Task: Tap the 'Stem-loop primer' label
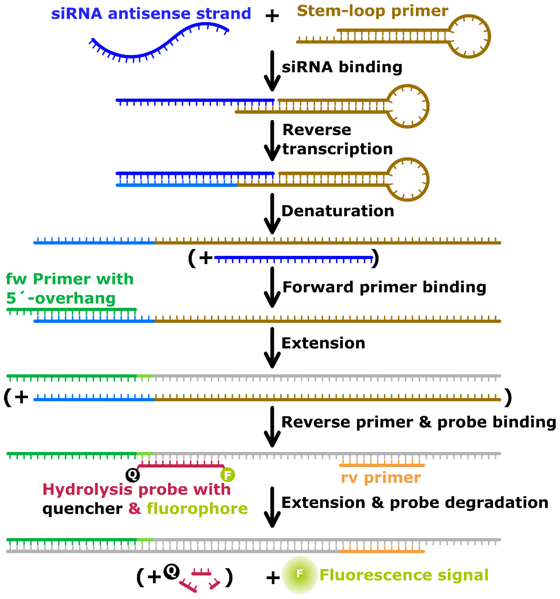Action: coord(372,11)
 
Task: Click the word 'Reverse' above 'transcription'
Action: coord(317,130)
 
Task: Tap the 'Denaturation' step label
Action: coord(338,211)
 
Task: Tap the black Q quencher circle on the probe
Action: coord(132,475)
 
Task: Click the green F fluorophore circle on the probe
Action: coord(228,475)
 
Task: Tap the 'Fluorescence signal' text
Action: coord(404,575)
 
